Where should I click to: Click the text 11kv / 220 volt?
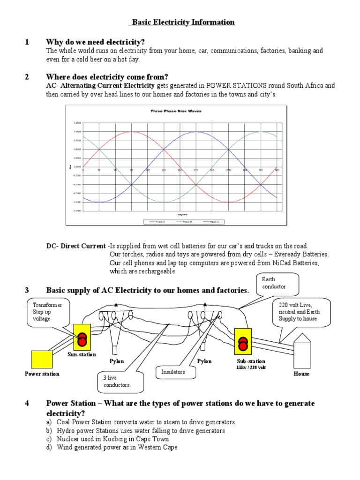[x=251, y=367]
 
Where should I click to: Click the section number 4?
[x=27, y=404]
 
